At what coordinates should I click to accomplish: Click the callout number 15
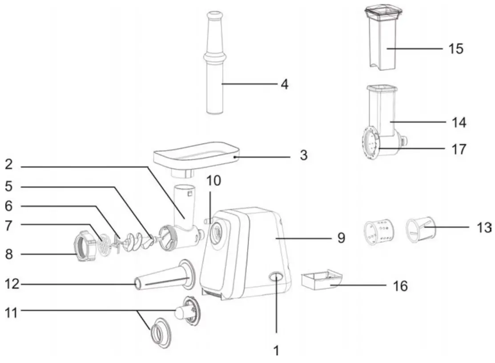455,48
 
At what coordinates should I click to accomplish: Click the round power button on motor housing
276,277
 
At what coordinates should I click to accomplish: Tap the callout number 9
340,238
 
